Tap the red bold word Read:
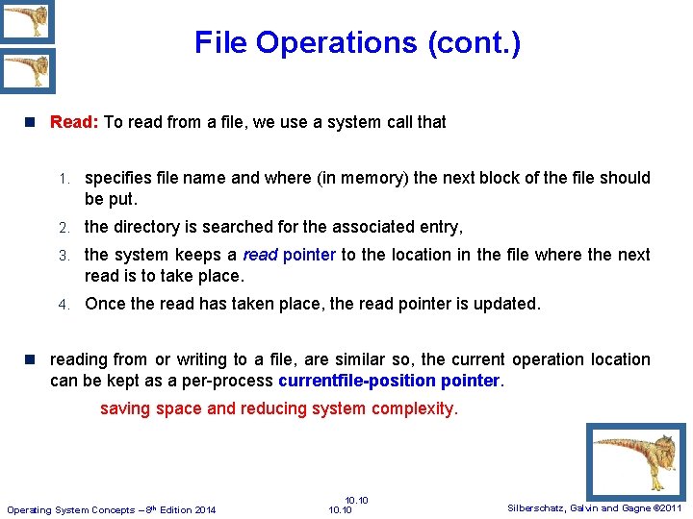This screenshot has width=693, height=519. click(74, 122)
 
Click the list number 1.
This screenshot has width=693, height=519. click(62, 179)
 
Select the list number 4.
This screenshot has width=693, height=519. click(62, 305)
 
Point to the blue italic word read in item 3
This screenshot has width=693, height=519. click(260, 255)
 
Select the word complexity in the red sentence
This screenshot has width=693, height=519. click(415, 408)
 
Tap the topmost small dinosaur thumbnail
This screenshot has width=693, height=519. click(27, 21)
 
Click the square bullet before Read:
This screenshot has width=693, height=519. click(31, 123)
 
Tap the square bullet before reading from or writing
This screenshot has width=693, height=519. click(31, 359)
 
